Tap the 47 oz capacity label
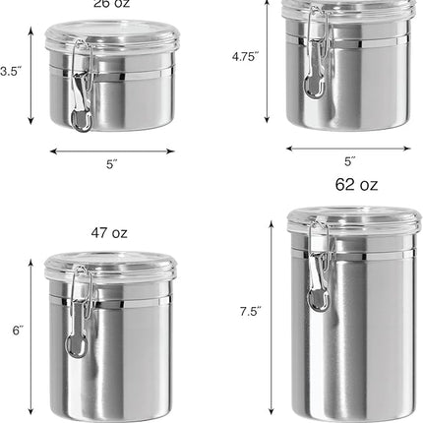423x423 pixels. [108, 233]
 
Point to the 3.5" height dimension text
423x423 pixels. [10, 71]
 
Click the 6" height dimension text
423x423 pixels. [17, 332]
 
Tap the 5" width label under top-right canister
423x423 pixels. [349, 160]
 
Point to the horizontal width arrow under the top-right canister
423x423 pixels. [349, 148]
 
